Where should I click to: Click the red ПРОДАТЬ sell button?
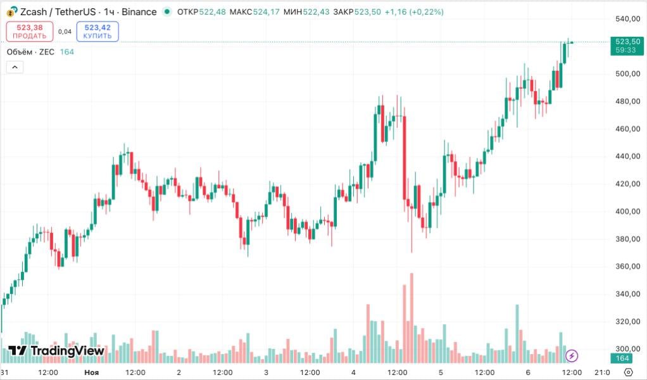point(30,31)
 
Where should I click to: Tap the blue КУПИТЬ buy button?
point(97,31)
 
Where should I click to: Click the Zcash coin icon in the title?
point(11,12)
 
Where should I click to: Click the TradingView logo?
point(56,350)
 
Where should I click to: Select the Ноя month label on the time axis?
point(92,372)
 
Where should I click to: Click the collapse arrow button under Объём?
point(15,68)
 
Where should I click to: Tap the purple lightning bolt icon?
point(572,355)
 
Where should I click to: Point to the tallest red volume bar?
point(411,310)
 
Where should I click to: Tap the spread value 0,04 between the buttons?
point(65,32)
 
